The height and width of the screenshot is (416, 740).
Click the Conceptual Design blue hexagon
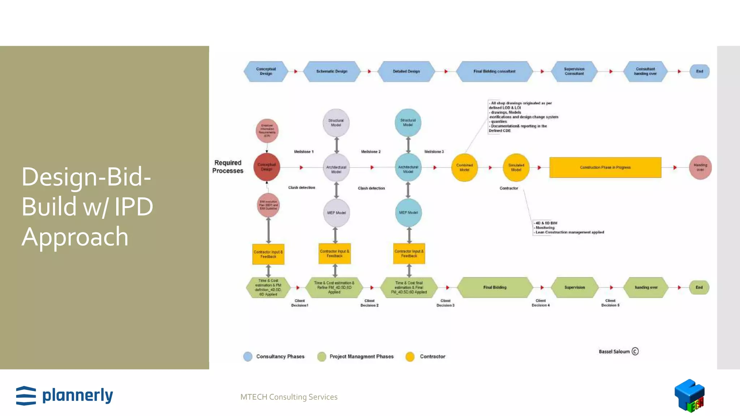click(266, 71)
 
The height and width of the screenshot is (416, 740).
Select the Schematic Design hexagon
click(332, 71)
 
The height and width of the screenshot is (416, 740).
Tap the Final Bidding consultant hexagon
click(494, 71)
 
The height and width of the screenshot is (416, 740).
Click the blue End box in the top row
click(700, 71)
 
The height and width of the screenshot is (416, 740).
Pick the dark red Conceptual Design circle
click(267, 167)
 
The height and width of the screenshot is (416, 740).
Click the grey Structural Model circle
click(336, 123)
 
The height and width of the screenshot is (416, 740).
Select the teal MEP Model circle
click(408, 213)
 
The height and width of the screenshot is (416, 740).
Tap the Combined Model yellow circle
click(464, 168)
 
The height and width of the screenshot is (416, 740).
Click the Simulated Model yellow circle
click(516, 168)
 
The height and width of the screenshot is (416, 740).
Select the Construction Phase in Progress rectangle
click(605, 168)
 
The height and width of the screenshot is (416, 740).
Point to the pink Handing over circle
click(700, 168)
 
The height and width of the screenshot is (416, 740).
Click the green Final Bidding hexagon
click(495, 287)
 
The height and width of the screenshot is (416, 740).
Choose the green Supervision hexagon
click(575, 287)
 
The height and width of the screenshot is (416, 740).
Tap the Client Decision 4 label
click(541, 303)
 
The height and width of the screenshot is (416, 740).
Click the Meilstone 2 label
click(371, 152)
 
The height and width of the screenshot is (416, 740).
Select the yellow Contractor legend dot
click(410, 357)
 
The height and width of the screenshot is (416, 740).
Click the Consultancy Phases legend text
click(280, 356)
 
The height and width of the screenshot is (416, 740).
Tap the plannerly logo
click(65, 395)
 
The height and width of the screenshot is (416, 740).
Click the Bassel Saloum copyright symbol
click(635, 351)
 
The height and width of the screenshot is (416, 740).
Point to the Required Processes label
click(228, 167)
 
